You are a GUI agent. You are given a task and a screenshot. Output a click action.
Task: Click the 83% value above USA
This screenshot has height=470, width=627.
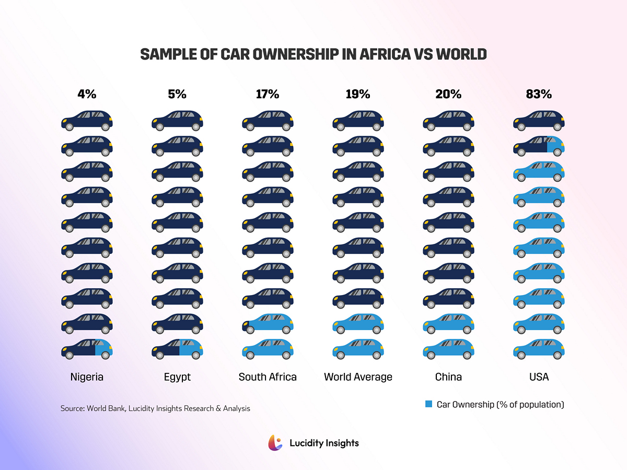click(539, 95)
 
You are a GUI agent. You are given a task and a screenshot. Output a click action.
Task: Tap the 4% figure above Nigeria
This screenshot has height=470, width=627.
click(87, 95)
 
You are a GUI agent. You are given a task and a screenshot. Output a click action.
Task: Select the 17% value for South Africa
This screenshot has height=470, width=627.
click(268, 95)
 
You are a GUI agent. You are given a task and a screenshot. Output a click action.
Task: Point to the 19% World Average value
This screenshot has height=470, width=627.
click(358, 95)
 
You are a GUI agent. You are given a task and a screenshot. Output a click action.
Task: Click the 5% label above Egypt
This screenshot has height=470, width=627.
click(177, 95)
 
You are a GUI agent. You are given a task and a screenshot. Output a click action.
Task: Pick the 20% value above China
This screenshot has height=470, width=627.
click(448, 95)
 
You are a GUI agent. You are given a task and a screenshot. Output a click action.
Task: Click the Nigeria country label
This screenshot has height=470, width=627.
click(87, 377)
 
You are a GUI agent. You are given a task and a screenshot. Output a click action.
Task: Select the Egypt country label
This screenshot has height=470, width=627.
click(177, 377)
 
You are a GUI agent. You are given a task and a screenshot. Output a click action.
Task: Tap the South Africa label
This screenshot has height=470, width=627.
click(268, 377)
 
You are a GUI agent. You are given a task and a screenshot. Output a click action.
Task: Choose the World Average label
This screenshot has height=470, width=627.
click(358, 377)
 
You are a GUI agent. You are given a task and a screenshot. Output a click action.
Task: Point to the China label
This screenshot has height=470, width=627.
click(448, 377)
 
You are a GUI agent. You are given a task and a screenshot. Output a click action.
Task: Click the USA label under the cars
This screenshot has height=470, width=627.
click(539, 377)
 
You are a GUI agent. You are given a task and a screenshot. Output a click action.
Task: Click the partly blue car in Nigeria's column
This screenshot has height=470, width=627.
click(87, 348)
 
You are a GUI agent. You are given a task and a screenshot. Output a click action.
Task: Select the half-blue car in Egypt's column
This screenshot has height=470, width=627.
click(177, 348)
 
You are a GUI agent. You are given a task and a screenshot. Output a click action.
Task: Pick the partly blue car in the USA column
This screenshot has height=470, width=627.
click(539, 146)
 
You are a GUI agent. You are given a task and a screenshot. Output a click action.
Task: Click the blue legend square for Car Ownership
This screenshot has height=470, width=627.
click(428, 404)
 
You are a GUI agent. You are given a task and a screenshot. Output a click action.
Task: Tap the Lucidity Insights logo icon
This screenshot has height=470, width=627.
click(275, 443)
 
